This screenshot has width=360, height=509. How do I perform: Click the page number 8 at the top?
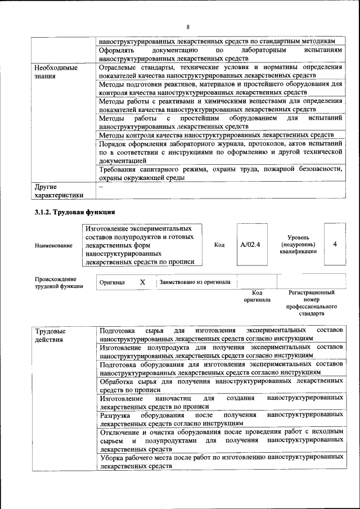(x=188, y=27)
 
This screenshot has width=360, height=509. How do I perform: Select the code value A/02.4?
(x=250, y=245)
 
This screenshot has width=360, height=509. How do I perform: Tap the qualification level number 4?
(x=335, y=245)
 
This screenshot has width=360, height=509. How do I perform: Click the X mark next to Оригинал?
(x=142, y=282)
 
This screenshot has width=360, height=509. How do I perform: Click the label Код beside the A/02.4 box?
(x=219, y=245)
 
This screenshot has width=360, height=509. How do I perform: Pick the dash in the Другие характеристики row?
(x=101, y=186)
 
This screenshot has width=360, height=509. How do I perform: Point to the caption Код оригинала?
(x=257, y=296)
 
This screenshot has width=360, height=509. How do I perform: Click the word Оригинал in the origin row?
(x=112, y=282)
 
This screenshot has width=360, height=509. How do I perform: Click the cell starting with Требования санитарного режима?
(x=220, y=173)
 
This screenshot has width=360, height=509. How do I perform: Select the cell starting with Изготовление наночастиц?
(x=220, y=402)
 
